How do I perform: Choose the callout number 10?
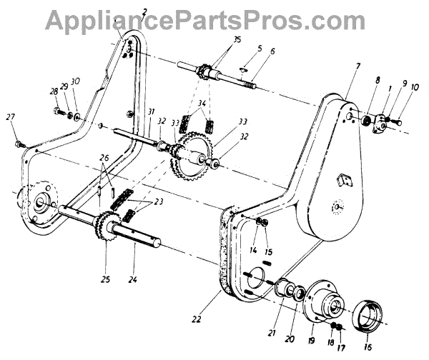pyautogui.click(x=415, y=88)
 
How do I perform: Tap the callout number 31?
pyautogui.click(x=151, y=112)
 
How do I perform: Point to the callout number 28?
pyautogui.click(x=54, y=91)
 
